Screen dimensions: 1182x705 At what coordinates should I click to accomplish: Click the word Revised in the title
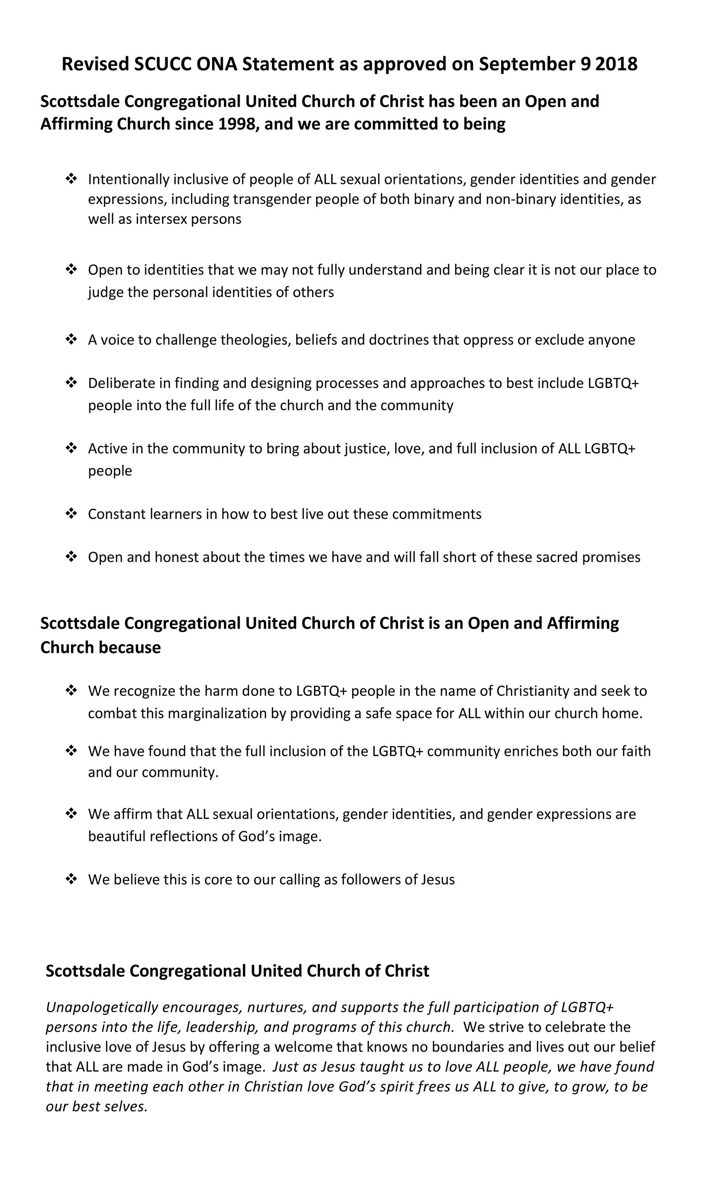95,64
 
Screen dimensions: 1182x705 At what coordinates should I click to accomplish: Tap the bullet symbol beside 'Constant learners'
71,514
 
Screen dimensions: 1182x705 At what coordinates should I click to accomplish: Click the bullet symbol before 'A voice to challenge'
71,339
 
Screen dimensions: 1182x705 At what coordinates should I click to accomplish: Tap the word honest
176,557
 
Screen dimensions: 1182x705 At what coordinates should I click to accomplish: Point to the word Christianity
533,691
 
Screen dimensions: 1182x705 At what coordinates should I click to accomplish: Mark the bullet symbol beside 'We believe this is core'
71,879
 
